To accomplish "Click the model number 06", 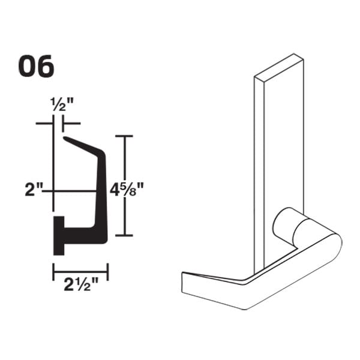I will [36, 67].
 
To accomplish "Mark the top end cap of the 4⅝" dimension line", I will [124, 137].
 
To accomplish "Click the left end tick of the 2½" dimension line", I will [54, 272].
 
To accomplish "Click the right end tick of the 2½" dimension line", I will [108, 272].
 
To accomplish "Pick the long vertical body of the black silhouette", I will [101, 192].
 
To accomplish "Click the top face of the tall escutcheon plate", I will [277, 67].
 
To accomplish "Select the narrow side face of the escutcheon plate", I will [259, 174].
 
